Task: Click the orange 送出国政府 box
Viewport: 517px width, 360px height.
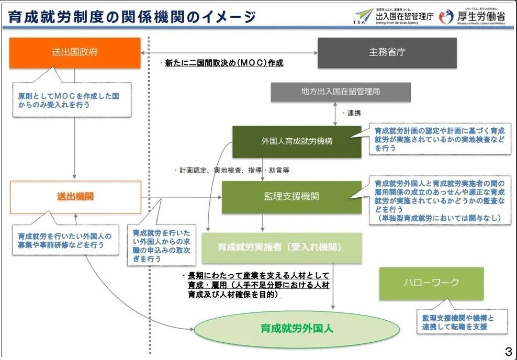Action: pyautogui.click(x=75, y=52)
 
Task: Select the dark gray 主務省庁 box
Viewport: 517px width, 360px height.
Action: pyautogui.click(x=387, y=52)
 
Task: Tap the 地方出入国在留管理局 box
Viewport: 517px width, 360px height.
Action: pyautogui.click(x=340, y=92)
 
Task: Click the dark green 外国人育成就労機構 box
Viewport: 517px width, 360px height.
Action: pyautogui.click(x=297, y=141)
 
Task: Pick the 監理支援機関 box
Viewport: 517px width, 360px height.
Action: pyautogui.click(x=291, y=197)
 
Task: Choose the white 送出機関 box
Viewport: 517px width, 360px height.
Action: pyautogui.click(x=75, y=196)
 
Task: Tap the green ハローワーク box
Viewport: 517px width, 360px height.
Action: pyautogui.click(x=431, y=283)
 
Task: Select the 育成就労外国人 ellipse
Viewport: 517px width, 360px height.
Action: pyautogui.click(x=297, y=329)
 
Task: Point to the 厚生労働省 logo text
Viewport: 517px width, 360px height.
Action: pyautogui.click(x=481, y=17)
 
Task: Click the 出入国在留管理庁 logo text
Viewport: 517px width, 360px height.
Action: pyautogui.click(x=404, y=17)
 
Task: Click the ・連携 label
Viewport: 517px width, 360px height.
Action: pyautogui.click(x=352, y=113)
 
